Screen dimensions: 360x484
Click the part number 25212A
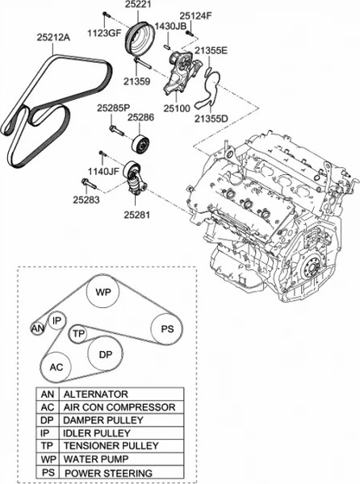tap(53, 37)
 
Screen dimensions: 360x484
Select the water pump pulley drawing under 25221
tap(137, 39)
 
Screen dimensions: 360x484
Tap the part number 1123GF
tap(104, 33)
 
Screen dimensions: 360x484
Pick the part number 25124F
tap(196, 15)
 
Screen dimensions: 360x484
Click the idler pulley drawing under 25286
tap(140, 144)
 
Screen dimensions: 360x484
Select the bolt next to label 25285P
tap(117, 131)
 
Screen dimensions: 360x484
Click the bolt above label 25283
tap(89, 183)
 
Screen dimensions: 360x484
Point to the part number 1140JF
tap(103, 171)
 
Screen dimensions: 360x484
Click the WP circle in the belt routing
tap(103, 292)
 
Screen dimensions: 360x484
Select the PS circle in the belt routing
tap(167, 329)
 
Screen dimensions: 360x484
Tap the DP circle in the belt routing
tap(105, 354)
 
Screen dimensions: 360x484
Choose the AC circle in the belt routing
tap(57, 367)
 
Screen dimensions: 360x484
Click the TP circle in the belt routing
tap(78, 334)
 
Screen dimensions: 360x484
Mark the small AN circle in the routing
tap(38, 329)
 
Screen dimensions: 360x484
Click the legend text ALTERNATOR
tap(95, 394)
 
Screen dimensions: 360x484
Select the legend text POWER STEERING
tap(108, 473)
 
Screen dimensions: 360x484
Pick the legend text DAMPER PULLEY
tap(103, 420)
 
